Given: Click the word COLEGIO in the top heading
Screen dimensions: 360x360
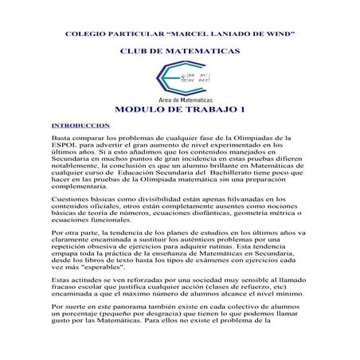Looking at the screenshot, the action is [x=83, y=34].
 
